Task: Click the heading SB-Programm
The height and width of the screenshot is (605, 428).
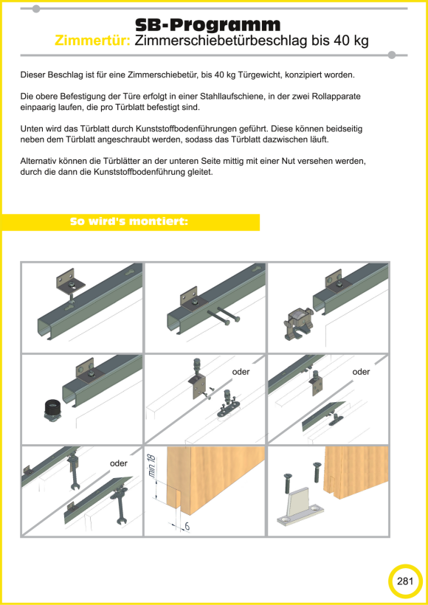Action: pos(208,26)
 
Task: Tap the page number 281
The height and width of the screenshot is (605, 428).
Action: pos(405,581)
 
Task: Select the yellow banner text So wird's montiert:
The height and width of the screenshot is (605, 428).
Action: pos(129,222)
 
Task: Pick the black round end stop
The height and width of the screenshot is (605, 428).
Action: pos(52,409)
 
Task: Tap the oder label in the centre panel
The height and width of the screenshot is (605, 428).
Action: pos(241,372)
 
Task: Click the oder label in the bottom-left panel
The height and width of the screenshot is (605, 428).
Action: pos(119,463)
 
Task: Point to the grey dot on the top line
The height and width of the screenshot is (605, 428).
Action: pos(36,9)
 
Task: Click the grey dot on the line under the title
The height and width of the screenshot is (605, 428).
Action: pos(392,55)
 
